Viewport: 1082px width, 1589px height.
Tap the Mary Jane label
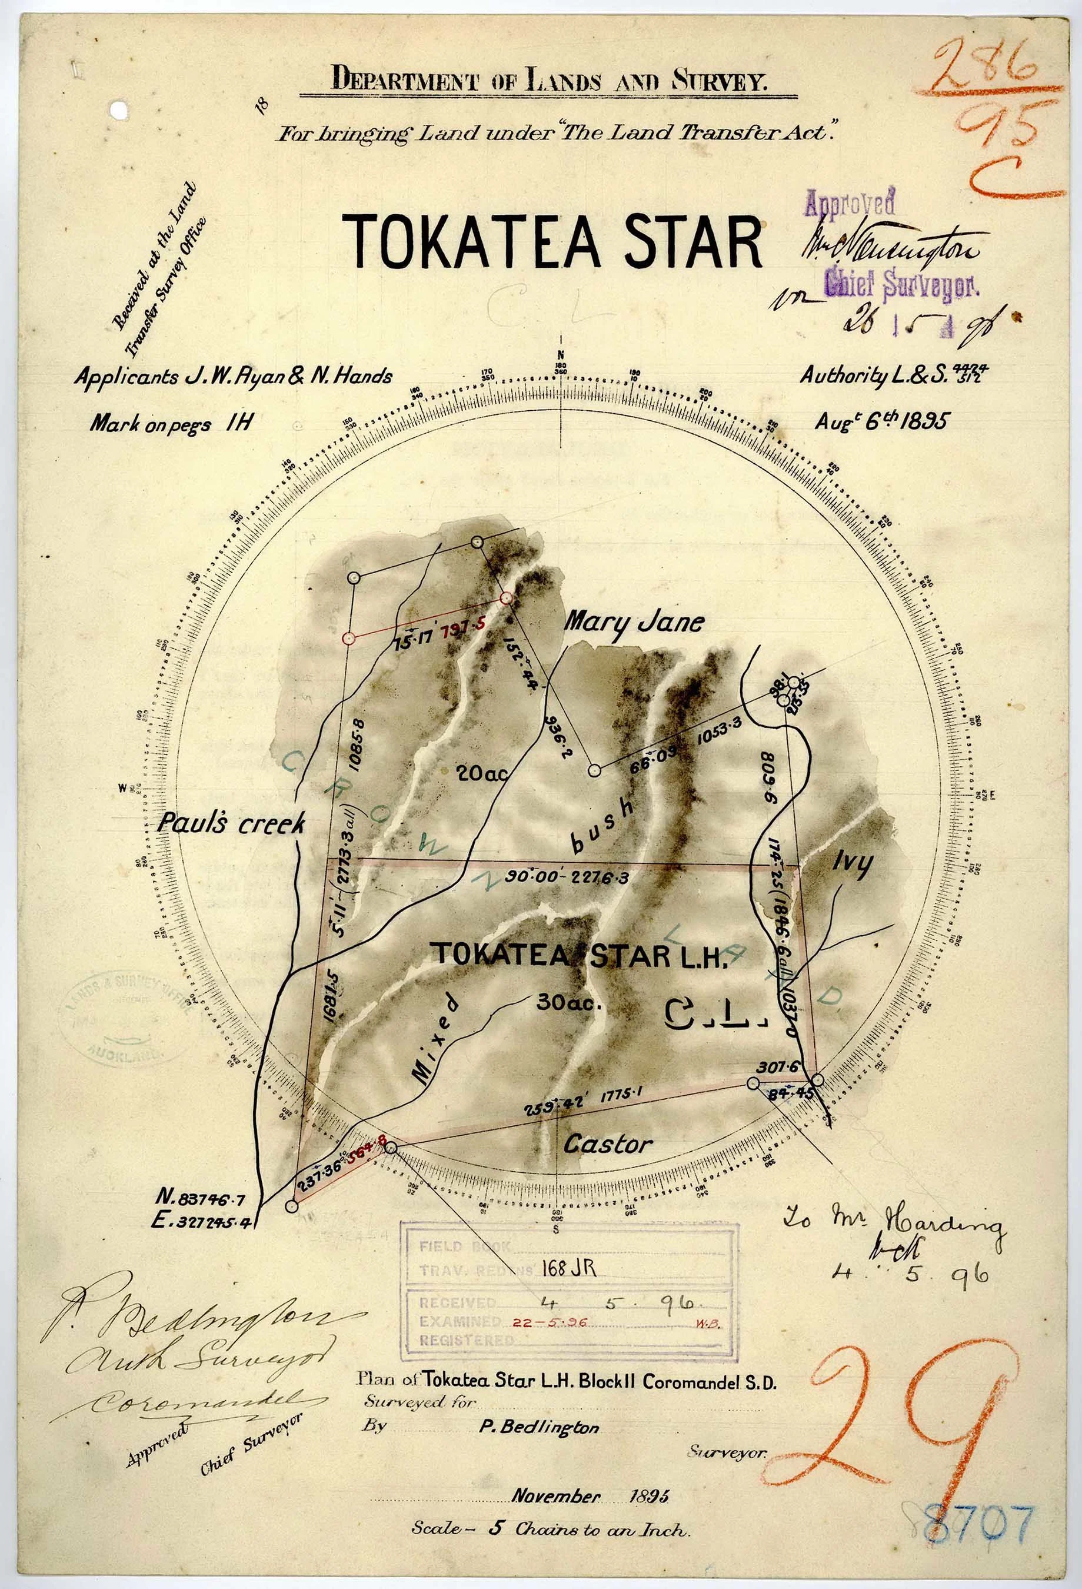tap(634, 622)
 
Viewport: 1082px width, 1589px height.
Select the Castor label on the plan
tap(608, 1144)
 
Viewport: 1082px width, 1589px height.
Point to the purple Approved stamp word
tap(850, 203)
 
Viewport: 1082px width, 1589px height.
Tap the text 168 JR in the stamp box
tap(569, 1268)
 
